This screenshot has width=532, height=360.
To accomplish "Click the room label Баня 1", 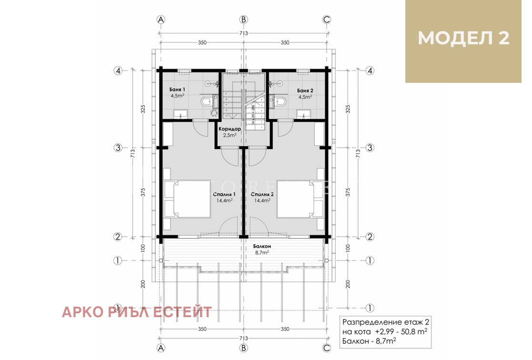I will pyautogui.click(x=177, y=90).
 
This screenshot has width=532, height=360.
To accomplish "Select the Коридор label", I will pyautogui.click(x=230, y=129).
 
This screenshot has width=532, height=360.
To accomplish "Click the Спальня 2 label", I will pyautogui.click(x=262, y=195).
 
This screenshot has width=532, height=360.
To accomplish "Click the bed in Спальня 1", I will pyautogui.click(x=188, y=199).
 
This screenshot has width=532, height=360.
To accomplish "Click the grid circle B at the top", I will pyautogui.click(x=243, y=20).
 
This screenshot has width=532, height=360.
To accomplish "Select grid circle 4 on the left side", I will pyautogui.click(x=118, y=70).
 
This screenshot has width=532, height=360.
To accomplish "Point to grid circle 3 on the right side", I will pyautogui.click(x=369, y=148).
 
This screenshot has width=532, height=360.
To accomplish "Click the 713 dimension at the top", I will pyautogui.click(x=243, y=33).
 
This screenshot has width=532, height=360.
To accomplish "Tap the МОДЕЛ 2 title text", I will pyautogui.click(x=463, y=39).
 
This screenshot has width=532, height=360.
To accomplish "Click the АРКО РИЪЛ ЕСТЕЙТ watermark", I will pyautogui.click(x=137, y=312).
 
